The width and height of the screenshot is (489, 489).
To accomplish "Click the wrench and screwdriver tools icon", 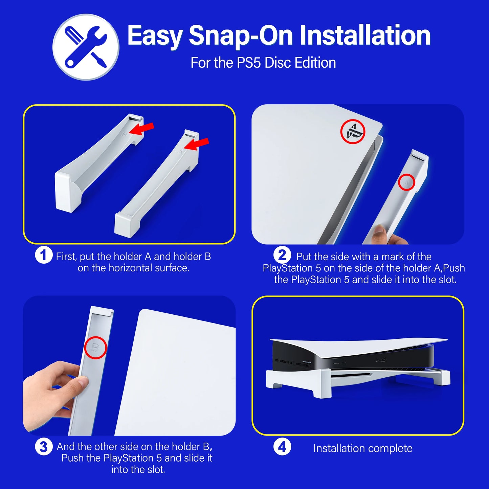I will coord(86,47).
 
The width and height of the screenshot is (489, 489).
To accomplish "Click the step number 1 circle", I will coord(44,255).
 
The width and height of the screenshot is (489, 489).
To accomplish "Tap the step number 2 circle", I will coord(282,255).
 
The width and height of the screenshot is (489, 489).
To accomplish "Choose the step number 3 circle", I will coord(44,447).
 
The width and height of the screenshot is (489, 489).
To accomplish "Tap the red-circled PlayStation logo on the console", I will coord(353,132).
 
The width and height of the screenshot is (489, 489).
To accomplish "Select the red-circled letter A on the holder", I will coord(406,183).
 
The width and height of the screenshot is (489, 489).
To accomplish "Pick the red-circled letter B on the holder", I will coord(95,348).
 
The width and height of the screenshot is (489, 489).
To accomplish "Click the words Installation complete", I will coord(363,448).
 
